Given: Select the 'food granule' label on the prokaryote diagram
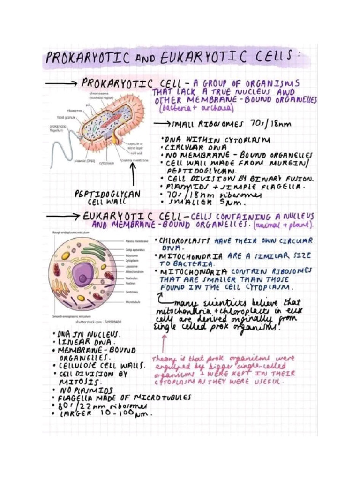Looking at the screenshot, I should (66, 117).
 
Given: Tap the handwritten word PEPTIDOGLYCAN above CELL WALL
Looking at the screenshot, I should (107, 194).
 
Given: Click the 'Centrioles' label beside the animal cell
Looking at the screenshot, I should (132, 292).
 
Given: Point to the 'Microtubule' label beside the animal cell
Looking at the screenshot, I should (133, 302).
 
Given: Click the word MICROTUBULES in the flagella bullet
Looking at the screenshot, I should (165, 397).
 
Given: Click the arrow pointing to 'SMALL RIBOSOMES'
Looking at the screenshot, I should (161, 125).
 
